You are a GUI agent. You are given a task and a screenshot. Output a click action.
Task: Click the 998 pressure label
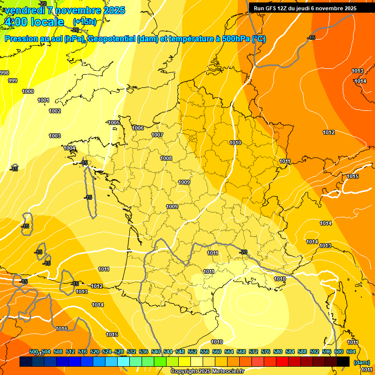4,73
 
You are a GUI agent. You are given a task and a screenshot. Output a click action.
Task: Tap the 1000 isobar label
28,91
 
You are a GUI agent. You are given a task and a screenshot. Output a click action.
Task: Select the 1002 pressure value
55,111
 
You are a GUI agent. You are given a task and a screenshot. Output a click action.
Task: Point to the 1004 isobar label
69,148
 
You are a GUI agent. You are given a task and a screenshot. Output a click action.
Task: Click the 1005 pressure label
114,123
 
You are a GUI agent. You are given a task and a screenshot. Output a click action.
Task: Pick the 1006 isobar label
138,128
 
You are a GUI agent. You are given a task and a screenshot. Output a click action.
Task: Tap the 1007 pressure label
157,135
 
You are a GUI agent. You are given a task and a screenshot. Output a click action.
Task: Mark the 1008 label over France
166,158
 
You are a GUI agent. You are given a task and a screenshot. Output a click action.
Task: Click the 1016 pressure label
62,329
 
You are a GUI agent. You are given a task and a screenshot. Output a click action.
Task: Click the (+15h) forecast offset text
84,22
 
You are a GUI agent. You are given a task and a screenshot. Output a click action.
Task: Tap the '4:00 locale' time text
34,22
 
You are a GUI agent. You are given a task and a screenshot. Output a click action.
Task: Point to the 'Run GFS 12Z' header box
305,8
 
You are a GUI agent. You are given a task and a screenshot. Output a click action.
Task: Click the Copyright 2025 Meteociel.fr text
207,372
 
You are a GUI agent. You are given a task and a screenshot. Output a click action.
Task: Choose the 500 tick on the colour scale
34,352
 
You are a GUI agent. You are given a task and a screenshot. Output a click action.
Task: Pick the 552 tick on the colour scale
192,352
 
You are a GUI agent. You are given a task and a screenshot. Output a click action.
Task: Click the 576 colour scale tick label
266,352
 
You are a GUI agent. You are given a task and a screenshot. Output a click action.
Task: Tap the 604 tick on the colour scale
351,352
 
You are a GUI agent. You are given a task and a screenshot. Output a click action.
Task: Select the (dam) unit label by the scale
361,362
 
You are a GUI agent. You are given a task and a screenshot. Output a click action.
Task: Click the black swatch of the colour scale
343,362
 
